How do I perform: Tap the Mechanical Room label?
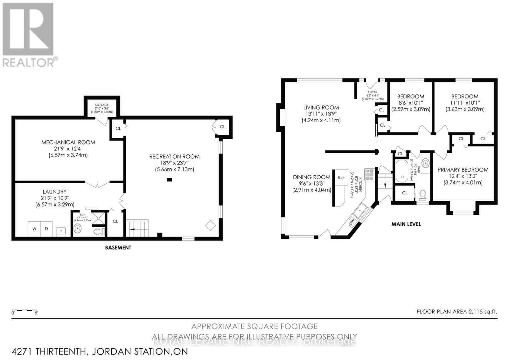tap(68, 142)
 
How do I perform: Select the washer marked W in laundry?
tap(34, 229)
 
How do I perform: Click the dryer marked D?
tap(46, 229)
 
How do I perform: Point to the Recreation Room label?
tap(174, 157)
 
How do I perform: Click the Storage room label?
tap(102, 105)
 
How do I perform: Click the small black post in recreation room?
tap(170, 180)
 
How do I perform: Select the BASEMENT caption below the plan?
tap(118, 247)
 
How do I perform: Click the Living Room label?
tap(321, 108)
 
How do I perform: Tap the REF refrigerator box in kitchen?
tap(341, 177)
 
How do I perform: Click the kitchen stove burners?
tap(370, 175)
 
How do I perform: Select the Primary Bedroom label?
tap(463, 170)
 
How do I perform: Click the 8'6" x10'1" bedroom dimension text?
tap(410, 103)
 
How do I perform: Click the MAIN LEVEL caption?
tap(406, 224)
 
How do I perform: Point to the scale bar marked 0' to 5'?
tap(24, 311)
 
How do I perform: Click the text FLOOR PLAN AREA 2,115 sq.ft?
tap(457, 312)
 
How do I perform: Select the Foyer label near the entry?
tap(373, 92)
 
